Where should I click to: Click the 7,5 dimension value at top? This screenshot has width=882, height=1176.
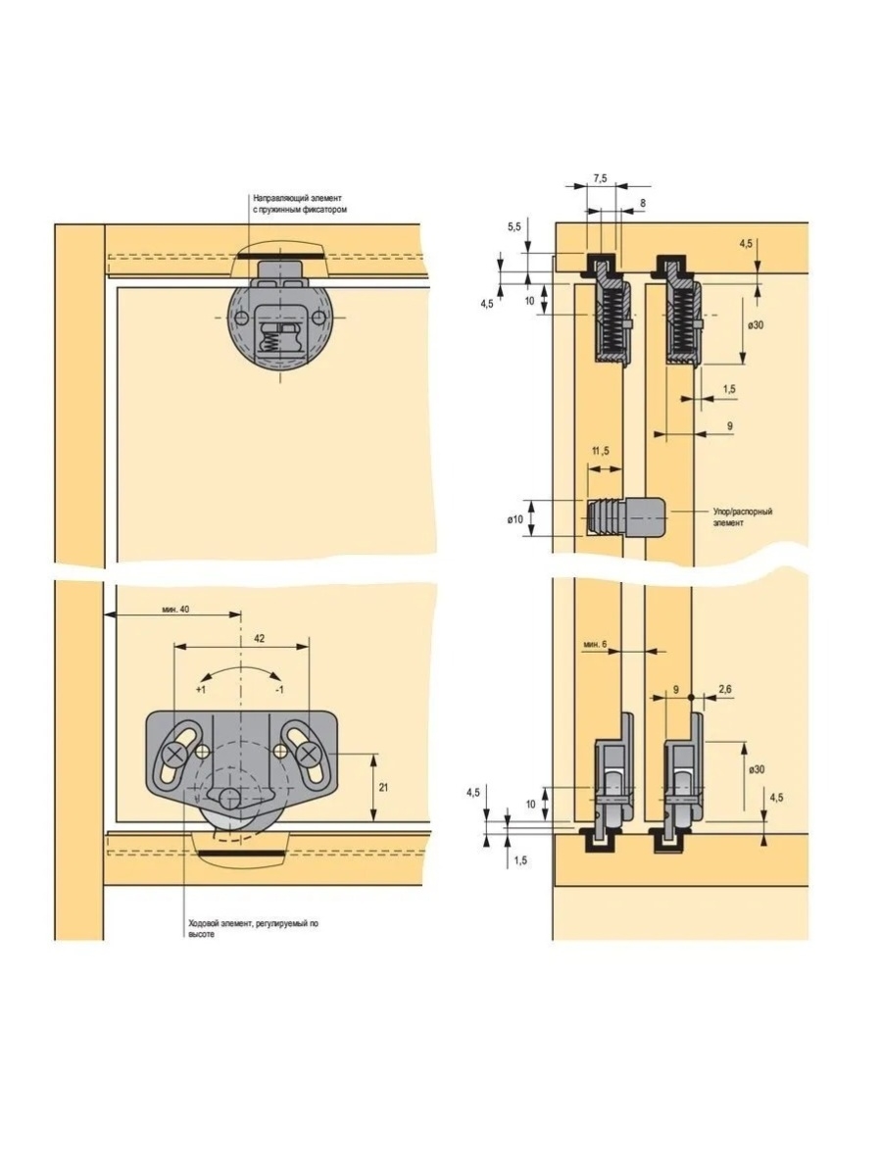(x=600, y=177)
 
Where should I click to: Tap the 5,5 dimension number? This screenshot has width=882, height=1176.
(x=514, y=226)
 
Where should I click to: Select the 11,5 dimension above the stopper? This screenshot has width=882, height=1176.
(x=601, y=451)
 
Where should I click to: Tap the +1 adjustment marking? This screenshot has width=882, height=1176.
(x=200, y=691)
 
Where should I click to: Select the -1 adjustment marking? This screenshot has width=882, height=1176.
(x=279, y=691)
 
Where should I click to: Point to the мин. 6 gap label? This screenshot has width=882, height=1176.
(x=595, y=644)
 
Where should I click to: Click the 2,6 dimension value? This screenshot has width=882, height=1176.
(x=724, y=691)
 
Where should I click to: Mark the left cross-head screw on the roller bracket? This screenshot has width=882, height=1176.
(x=175, y=754)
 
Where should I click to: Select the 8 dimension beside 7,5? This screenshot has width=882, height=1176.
(x=642, y=203)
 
